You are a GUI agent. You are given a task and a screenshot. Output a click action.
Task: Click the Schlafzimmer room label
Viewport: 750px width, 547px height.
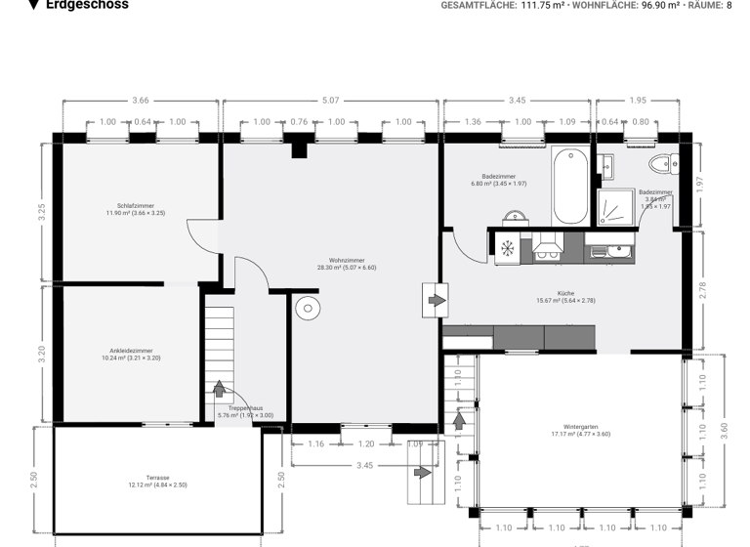[135, 206]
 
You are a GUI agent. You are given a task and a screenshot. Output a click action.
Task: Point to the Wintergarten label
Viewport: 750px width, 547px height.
[580, 426]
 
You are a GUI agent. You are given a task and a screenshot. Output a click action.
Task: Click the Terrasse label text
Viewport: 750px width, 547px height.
[157, 478]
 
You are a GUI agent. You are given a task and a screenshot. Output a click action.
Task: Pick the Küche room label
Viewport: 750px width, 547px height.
[565, 293]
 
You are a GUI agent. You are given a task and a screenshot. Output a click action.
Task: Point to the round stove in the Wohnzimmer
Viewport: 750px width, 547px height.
[308, 309]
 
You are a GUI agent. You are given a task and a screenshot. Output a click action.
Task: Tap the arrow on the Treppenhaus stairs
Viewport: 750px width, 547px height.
[219, 389]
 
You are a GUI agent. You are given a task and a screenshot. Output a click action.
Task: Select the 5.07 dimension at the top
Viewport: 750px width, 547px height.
[331, 100]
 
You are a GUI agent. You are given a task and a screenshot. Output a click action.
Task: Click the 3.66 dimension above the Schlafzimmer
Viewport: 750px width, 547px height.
[141, 100]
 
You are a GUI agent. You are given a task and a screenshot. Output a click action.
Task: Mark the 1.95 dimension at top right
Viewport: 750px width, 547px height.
[638, 100]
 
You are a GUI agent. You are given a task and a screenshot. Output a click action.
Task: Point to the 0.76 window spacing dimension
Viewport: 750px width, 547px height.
[299, 122]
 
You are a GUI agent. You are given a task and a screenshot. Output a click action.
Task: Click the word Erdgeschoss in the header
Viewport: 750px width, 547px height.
[87, 5]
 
